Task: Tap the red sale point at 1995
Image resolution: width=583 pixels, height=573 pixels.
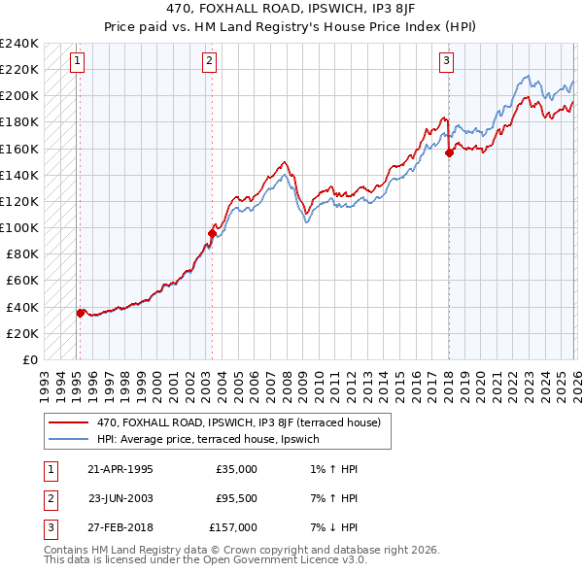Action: point(81,313)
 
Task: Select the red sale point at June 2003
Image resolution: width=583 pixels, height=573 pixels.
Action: point(212,233)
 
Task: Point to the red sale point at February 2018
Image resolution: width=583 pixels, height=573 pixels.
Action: point(449,152)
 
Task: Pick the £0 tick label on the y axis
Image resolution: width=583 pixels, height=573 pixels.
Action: point(30,359)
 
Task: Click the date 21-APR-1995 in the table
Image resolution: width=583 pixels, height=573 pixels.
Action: point(120,468)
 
